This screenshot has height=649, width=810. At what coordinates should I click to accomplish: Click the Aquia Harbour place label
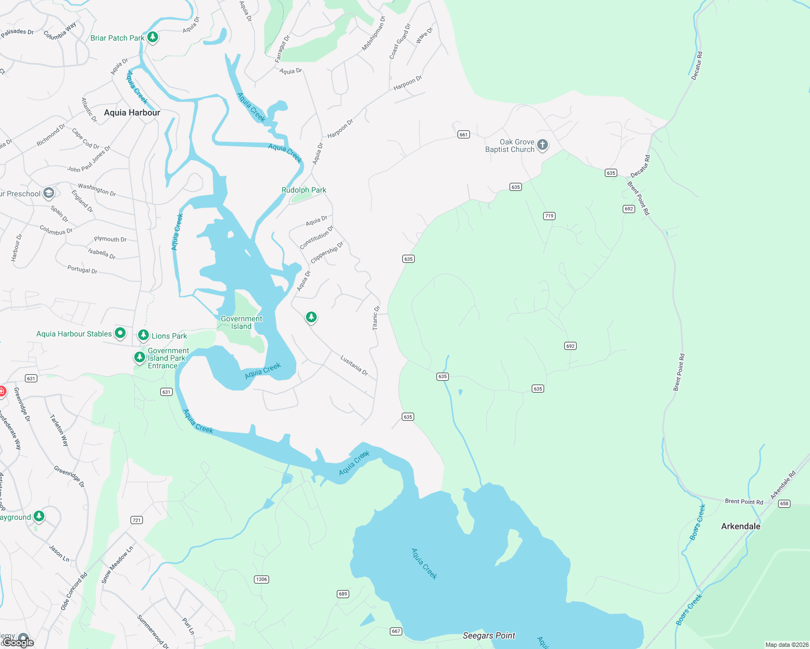(132, 112)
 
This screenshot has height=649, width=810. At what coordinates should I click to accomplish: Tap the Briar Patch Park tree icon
(153, 37)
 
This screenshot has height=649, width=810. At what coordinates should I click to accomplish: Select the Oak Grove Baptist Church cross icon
(543, 145)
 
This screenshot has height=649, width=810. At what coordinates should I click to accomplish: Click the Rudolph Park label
(304, 190)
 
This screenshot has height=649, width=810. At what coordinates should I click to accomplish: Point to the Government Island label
(241, 322)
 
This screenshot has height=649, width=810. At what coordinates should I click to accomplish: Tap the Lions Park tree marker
(143, 335)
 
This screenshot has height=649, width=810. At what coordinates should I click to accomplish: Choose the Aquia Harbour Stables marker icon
(120, 333)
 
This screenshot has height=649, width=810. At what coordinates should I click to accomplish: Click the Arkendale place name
(741, 526)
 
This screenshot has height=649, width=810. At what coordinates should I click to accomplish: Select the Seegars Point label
(489, 635)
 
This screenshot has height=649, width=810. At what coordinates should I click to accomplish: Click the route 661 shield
(463, 135)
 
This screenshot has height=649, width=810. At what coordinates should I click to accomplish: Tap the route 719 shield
(549, 216)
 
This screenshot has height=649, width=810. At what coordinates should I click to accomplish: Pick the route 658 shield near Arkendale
(784, 504)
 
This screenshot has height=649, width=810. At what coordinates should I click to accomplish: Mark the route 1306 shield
(262, 579)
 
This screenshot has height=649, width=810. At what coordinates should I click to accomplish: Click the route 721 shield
(136, 520)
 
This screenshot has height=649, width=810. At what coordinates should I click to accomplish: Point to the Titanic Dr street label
(376, 318)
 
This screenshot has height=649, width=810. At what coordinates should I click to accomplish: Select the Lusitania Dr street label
(354, 365)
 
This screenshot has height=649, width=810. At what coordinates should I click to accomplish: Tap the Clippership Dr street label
(327, 252)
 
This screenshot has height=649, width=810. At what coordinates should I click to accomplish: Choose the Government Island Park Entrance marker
(140, 357)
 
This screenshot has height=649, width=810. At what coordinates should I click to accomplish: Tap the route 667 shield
(396, 631)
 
